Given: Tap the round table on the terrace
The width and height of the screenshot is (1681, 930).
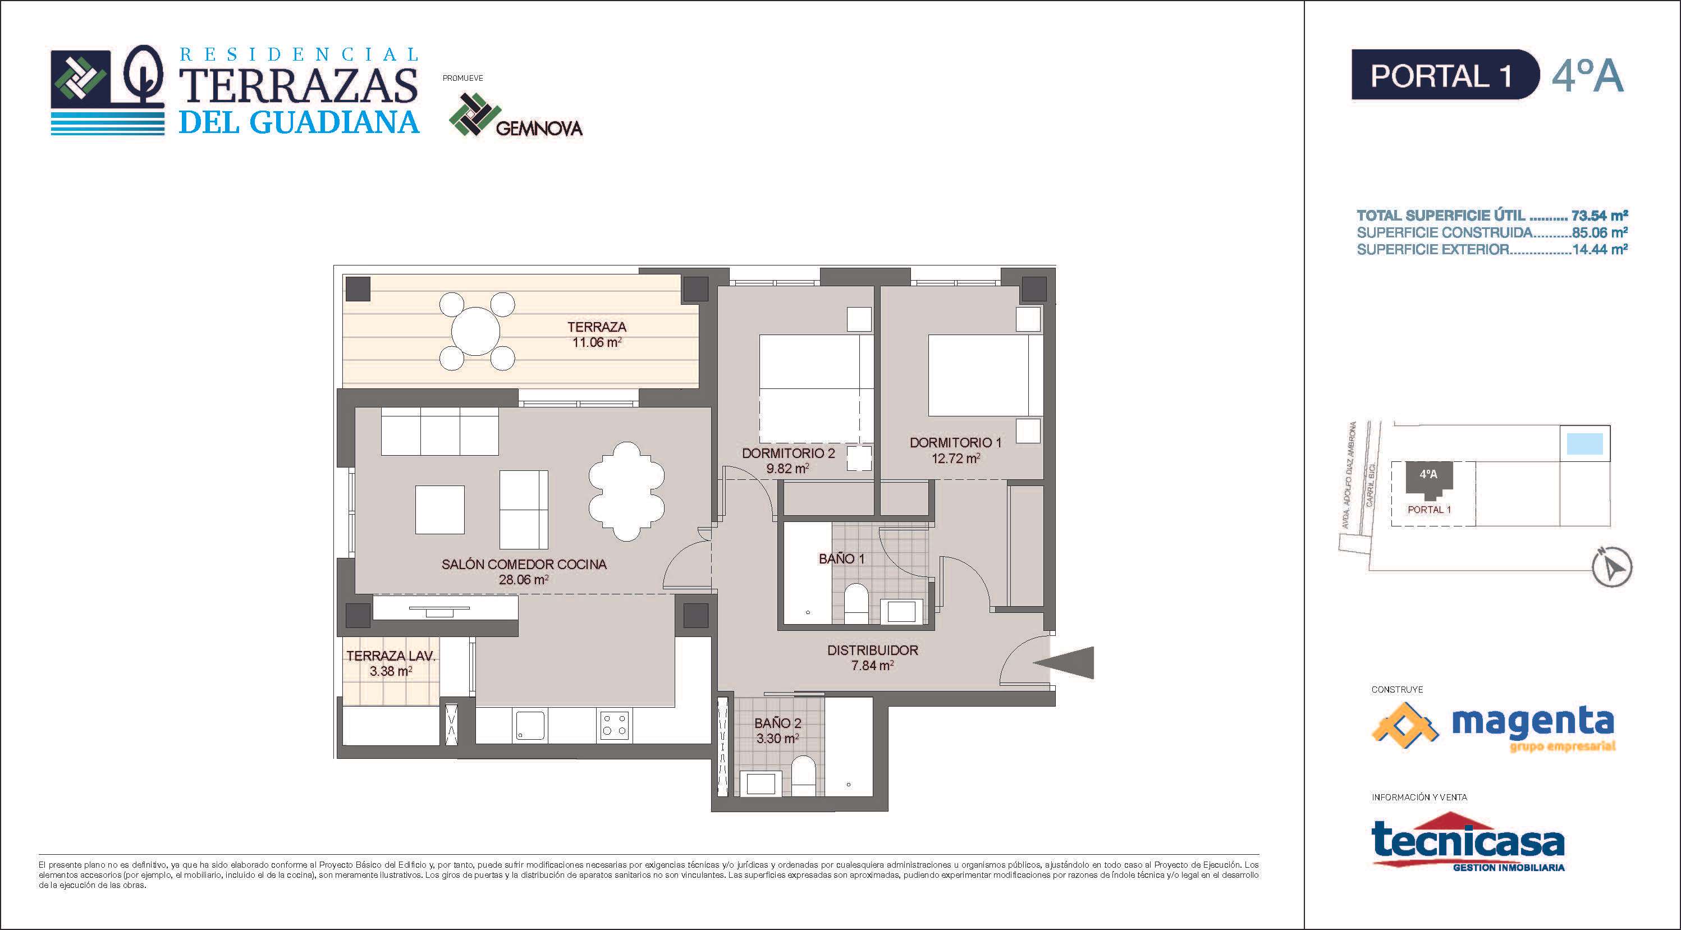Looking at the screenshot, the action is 476,331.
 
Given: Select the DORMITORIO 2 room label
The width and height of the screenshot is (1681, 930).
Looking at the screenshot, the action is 788,453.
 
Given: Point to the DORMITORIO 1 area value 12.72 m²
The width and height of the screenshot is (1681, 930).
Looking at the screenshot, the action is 955,459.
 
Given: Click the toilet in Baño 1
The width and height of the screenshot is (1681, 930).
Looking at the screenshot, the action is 855,604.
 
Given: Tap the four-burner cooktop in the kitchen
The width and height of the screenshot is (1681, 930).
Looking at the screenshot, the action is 613,725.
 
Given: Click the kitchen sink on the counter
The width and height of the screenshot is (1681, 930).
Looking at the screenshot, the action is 530,725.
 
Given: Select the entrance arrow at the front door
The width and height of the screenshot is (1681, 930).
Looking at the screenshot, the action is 1064,662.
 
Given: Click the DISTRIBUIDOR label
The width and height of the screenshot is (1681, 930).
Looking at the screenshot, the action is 872,650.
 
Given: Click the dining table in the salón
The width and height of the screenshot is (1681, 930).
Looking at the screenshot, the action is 626,492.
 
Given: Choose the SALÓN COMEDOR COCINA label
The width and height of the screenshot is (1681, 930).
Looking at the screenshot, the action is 524,565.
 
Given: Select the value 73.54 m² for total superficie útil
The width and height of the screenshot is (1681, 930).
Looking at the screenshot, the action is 1600,216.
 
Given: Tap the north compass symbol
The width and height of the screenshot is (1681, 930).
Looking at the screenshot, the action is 1613,567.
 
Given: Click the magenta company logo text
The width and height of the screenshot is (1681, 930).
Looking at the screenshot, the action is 1532,722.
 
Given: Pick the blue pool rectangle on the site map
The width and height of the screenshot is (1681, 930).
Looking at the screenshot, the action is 1584,445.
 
